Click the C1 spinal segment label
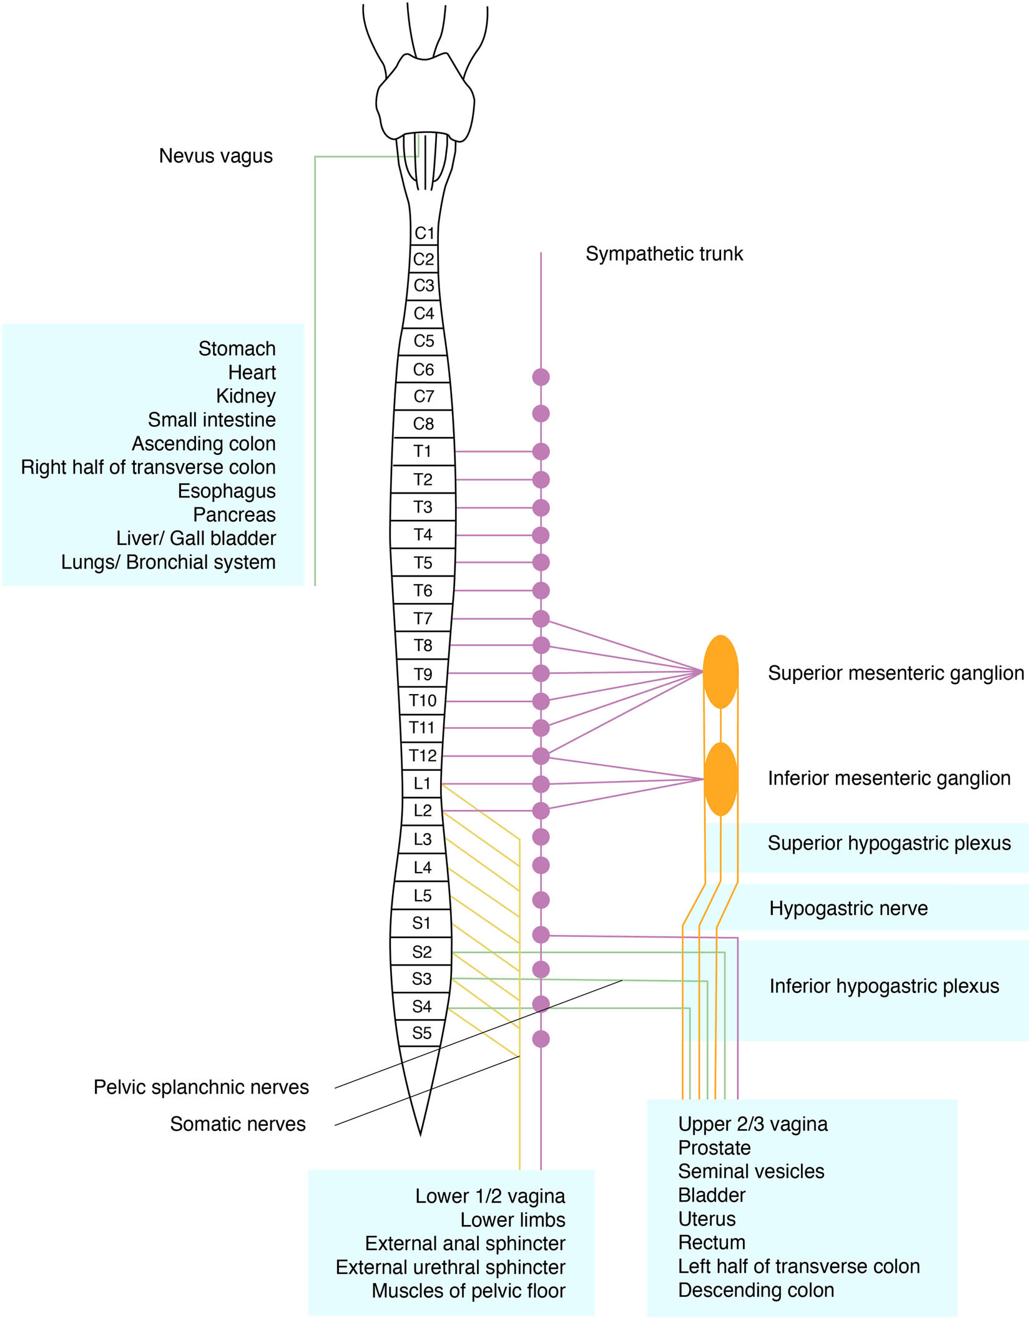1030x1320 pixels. [424, 233]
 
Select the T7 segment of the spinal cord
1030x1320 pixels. [423, 618]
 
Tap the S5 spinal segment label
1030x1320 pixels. [422, 1033]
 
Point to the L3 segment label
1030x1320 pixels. [423, 839]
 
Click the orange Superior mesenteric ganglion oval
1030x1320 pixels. [721, 672]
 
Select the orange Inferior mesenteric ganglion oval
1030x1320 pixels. [721, 779]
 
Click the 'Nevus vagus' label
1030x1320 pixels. [216, 156]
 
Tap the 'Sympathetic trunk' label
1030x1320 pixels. [664, 254]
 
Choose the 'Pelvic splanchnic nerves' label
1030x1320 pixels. [201, 1087]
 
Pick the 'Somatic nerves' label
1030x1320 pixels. [238, 1124]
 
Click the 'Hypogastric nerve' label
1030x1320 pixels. [848, 908]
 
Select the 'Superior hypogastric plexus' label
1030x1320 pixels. [889, 843]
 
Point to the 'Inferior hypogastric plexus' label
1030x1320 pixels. [884, 986]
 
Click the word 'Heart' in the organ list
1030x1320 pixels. [252, 373]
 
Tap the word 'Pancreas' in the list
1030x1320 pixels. [234, 515]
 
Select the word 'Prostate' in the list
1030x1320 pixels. [714, 1148]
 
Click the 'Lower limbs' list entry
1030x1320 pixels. [513, 1220]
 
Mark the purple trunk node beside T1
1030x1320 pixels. [541, 451]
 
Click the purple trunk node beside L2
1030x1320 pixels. [541, 811]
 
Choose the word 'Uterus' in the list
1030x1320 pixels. [707, 1219]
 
